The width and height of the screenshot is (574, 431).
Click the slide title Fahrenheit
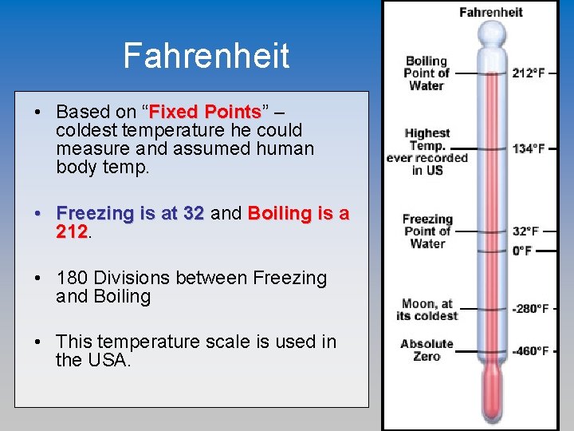click(206, 56)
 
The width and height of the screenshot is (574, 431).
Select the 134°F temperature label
click(529, 148)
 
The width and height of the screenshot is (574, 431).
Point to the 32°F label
click(525, 231)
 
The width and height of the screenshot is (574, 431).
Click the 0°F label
click(522, 251)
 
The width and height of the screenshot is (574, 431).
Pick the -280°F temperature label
click(530, 308)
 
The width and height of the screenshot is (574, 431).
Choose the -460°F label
click(530, 350)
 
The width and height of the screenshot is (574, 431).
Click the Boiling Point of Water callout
click(427, 73)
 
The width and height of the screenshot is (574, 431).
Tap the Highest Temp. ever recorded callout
click(427, 152)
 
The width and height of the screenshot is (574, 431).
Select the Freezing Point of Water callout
click(427, 231)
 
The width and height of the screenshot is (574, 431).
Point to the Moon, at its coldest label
click(427, 309)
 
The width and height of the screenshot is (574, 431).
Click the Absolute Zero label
click(427, 350)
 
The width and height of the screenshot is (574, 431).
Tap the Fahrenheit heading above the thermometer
click(490, 12)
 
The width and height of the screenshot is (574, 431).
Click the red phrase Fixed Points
click(206, 111)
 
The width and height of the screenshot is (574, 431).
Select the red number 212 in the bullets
click(72, 232)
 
